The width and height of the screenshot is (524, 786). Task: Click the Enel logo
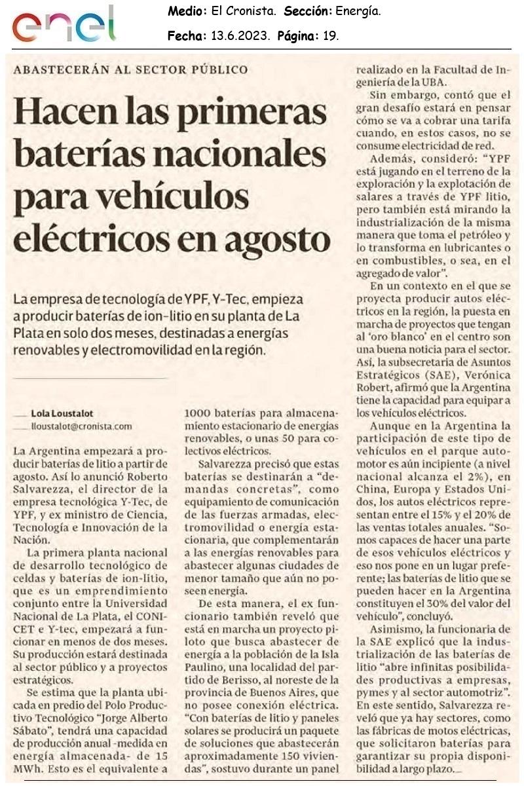64,25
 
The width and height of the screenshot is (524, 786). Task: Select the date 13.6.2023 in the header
240,37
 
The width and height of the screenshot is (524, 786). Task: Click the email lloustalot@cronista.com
81,426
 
